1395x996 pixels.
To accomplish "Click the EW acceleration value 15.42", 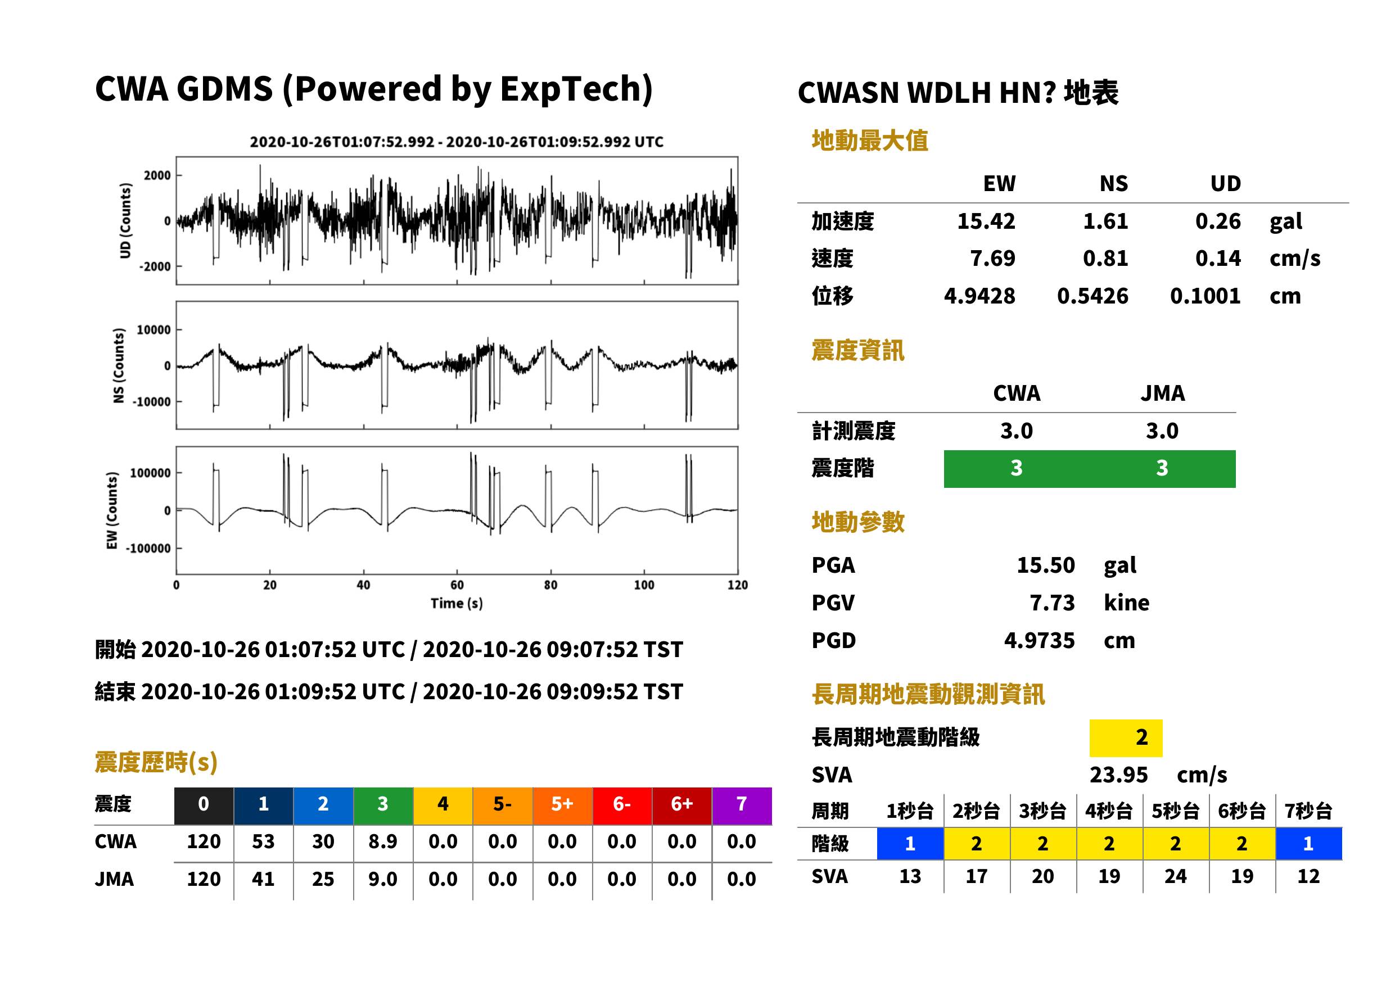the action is (x=986, y=221).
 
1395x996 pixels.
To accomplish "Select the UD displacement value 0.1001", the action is (x=1205, y=296).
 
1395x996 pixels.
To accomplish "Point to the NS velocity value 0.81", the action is (x=1105, y=259).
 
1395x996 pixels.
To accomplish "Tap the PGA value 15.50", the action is (x=1045, y=565).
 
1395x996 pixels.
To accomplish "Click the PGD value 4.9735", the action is (x=1039, y=640).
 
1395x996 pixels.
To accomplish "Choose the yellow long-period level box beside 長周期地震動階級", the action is (x=1126, y=738).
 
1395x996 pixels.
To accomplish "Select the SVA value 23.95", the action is (x=1118, y=775).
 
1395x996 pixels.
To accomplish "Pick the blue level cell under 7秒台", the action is (x=1308, y=843).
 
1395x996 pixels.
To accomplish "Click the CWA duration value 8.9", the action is (x=383, y=841).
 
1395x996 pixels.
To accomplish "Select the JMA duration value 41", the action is (x=263, y=879).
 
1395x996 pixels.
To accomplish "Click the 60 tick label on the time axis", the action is (x=457, y=585).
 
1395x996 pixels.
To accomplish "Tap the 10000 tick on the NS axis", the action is (x=154, y=330).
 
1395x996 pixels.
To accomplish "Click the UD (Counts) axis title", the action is (x=125, y=220).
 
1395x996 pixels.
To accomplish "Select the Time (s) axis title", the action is (x=457, y=604).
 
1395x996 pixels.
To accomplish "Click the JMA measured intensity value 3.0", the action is (x=1162, y=431).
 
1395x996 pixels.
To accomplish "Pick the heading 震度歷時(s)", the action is (x=156, y=762).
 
